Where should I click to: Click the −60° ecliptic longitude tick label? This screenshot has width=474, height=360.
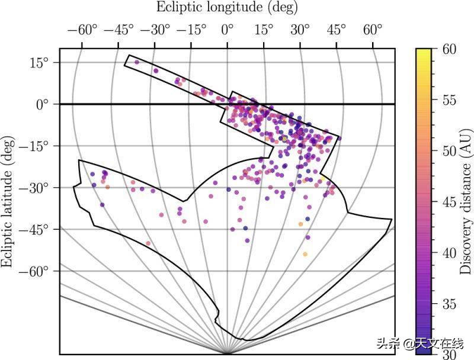tap(83, 30)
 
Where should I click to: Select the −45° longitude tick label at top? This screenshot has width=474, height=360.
tap(119, 30)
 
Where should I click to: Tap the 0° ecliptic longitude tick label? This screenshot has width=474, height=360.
tap(228, 30)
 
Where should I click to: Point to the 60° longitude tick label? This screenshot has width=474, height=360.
tap(372, 30)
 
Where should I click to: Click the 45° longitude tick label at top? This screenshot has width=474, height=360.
tap(336, 30)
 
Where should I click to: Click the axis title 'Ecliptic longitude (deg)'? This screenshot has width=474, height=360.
tap(227, 8)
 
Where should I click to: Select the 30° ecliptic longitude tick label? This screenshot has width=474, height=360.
tap(300, 30)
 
